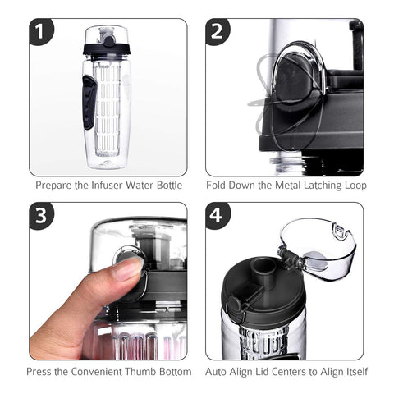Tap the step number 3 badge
[41, 216]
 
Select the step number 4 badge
[218, 216]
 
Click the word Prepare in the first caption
[54, 186]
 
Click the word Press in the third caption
[47, 371]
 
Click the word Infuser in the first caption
[108, 186]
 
